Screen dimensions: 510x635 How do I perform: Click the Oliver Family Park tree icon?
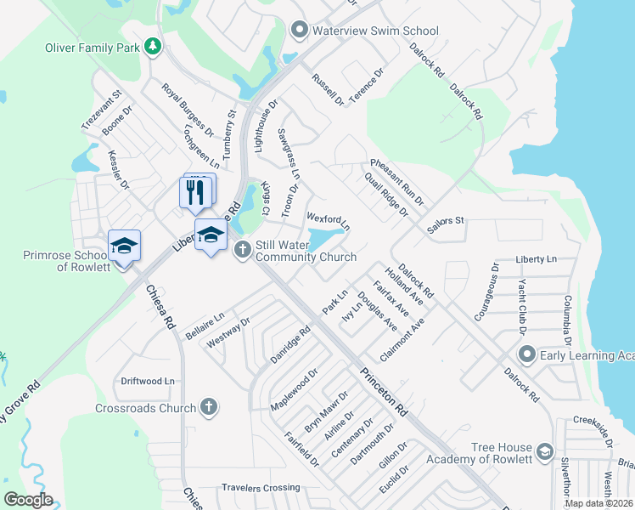pos(152,47)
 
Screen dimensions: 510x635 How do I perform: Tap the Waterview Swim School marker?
pos(298,31)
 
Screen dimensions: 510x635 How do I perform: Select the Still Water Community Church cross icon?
pos(242,250)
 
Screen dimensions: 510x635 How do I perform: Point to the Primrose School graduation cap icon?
pos(124,246)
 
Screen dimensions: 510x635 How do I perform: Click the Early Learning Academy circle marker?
pos(526,354)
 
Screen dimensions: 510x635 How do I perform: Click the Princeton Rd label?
pos(384,391)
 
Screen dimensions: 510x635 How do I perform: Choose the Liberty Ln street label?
pos(536,258)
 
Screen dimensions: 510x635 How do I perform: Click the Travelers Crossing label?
pos(261,488)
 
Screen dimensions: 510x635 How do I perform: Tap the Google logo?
pos(28,500)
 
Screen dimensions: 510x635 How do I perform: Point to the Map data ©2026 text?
pos(599,503)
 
